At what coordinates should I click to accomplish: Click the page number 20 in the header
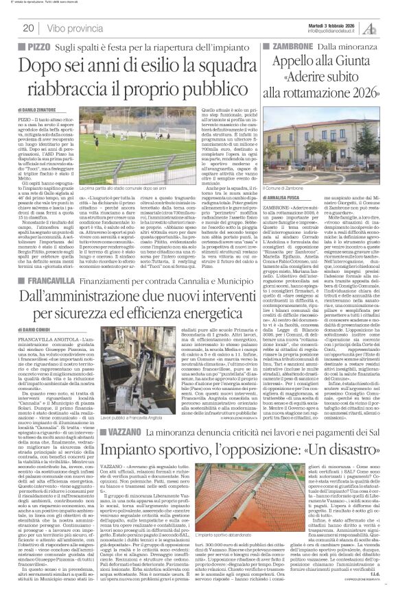coord(30,27)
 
